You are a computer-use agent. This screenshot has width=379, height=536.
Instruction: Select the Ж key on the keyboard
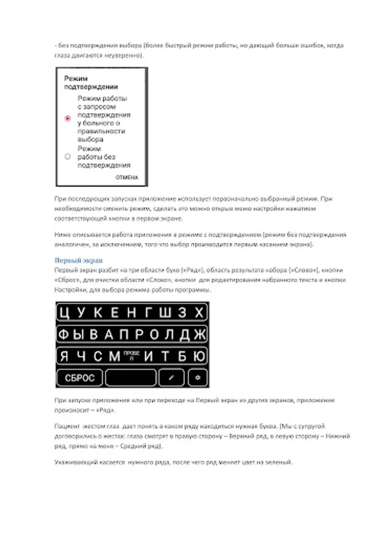[200, 334]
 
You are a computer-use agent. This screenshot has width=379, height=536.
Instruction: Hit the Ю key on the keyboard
[200, 356]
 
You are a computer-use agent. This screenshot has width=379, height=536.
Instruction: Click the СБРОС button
[80, 378]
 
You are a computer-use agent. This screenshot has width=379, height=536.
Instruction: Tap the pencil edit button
[172, 378]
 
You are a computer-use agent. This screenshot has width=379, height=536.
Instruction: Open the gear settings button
[197, 378]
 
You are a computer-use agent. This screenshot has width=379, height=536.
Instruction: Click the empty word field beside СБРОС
[131, 378]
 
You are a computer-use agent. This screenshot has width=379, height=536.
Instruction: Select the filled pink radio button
[67, 119]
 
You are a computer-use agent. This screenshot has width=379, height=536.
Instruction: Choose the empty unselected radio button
[67, 156]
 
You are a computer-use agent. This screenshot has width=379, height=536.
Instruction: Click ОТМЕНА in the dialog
[126, 177]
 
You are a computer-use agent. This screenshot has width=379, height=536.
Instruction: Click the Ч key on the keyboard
[82, 356]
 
